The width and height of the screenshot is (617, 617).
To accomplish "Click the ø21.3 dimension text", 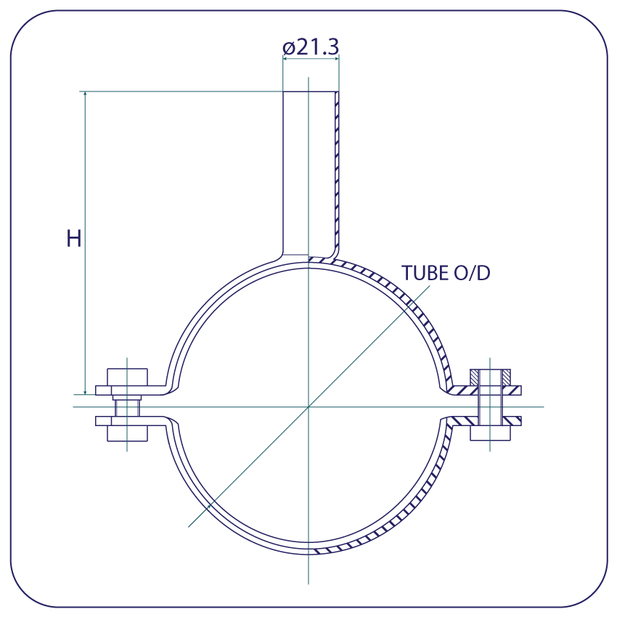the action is pyautogui.click(x=311, y=47).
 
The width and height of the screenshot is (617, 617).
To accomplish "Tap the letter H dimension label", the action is pyautogui.click(x=73, y=239).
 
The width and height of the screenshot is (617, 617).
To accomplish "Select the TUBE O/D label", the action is pyautogui.click(x=446, y=273).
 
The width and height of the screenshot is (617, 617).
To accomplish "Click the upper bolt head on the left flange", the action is pyautogui.click(x=128, y=377).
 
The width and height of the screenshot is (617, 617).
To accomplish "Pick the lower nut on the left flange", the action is pyautogui.click(x=128, y=433).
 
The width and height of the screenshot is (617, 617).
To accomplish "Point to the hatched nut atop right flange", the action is pyautogui.click(x=490, y=377).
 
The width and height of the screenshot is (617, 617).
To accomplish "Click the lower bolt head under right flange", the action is pyautogui.click(x=490, y=433).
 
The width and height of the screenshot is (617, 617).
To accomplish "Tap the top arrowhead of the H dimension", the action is pyautogui.click(x=85, y=94).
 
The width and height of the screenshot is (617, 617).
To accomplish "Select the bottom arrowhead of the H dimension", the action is pyautogui.click(x=85, y=391).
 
